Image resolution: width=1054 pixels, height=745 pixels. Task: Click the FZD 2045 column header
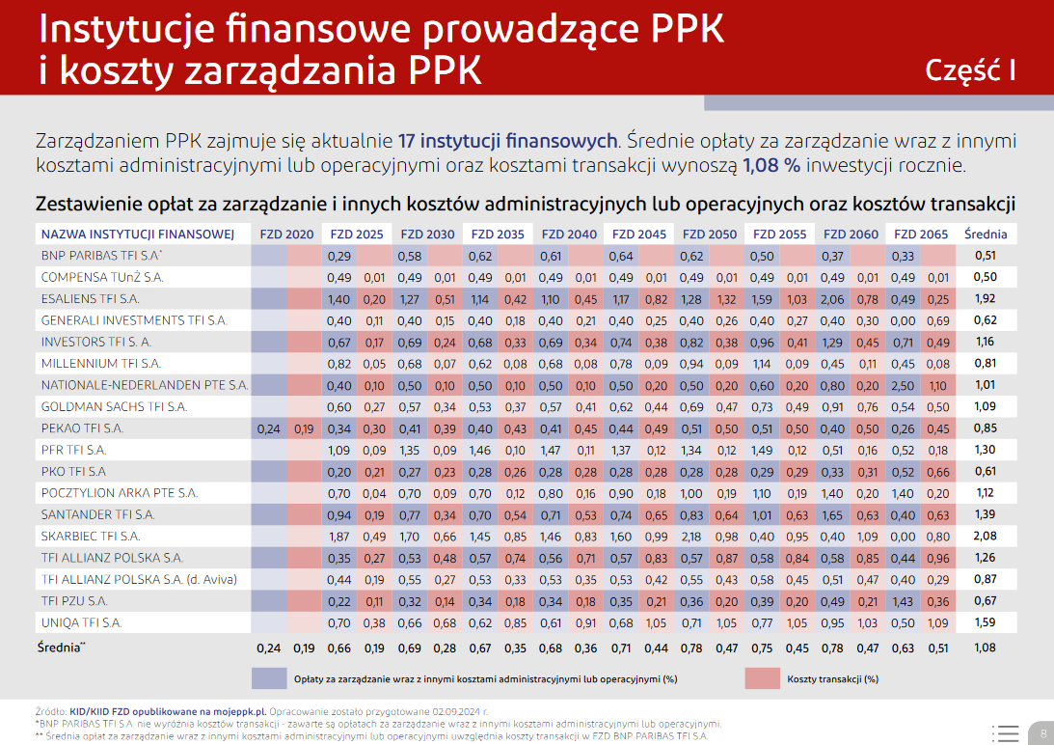pyautogui.click(x=638, y=235)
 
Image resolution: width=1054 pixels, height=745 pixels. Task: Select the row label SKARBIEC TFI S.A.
pyautogui.click(x=91, y=536)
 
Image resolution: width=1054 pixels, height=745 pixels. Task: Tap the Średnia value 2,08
pyautogui.click(x=985, y=536)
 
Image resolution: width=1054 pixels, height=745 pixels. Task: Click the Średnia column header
pyautogui.click(x=985, y=235)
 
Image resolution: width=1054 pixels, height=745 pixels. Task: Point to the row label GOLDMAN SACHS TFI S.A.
pyautogui.click(x=114, y=407)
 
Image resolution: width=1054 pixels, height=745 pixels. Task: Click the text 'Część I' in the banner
pyautogui.click(x=970, y=70)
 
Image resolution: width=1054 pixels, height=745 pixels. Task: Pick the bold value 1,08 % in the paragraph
pyautogui.click(x=771, y=165)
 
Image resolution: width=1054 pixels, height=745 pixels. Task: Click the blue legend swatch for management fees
pyautogui.click(x=269, y=678)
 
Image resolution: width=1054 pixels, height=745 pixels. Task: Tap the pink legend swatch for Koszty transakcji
pyautogui.click(x=762, y=678)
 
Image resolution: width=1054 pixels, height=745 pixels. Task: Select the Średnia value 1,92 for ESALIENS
pyautogui.click(x=985, y=299)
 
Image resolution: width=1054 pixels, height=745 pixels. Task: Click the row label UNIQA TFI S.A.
pyautogui.click(x=81, y=622)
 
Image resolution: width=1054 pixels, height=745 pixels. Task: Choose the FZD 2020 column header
pyautogui.click(x=286, y=235)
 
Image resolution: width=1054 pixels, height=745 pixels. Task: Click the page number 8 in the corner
pyautogui.click(x=1042, y=733)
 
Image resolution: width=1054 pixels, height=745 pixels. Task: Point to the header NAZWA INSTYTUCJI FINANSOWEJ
pyautogui.click(x=138, y=235)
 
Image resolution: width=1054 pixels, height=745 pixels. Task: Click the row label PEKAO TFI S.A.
pyautogui.click(x=82, y=428)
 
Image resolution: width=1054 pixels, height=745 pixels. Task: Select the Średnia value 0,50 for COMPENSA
pyautogui.click(x=985, y=278)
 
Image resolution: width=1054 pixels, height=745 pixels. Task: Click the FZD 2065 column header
pyautogui.click(x=920, y=235)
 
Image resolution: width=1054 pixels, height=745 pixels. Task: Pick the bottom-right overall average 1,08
pyautogui.click(x=985, y=648)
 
